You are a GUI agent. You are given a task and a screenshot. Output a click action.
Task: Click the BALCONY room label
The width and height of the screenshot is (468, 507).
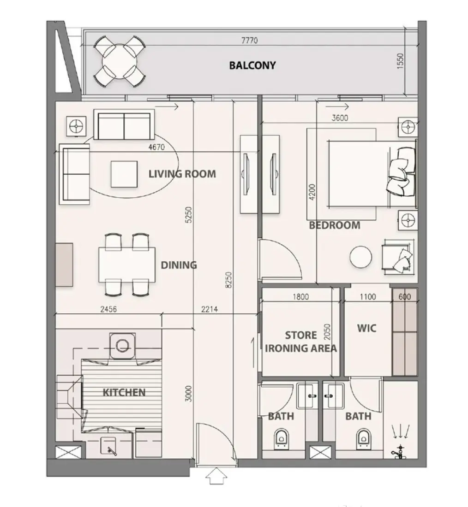coord(252,65)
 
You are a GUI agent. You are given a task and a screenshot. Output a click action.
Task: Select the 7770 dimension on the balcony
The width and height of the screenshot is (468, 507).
coord(249,41)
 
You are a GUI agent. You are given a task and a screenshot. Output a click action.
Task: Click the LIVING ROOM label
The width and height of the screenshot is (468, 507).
coord(182,174)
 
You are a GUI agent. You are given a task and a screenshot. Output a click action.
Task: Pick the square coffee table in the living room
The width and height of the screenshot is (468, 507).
coord(124,174)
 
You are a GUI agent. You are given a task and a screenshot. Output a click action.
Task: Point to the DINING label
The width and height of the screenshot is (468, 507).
coord(179,265)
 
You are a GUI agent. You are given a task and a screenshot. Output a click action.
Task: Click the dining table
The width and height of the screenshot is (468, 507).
coord(127,265)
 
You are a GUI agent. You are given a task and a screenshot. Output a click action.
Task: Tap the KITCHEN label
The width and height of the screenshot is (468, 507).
coord(124,393)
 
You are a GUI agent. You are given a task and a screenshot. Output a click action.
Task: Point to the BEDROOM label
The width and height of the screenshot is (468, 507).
coord(335,225)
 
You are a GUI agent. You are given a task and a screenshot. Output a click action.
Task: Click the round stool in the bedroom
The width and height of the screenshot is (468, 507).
coord(361,257)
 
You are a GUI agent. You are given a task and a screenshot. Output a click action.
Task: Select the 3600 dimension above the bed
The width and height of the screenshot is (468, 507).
coord(340,118)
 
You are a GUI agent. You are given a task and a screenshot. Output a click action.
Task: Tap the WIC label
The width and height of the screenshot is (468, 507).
coord(366,328)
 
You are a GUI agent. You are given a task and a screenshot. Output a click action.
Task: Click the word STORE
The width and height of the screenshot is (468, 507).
coord(301,335)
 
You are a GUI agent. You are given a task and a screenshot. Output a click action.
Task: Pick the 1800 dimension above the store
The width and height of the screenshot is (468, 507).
coord(301,297)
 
